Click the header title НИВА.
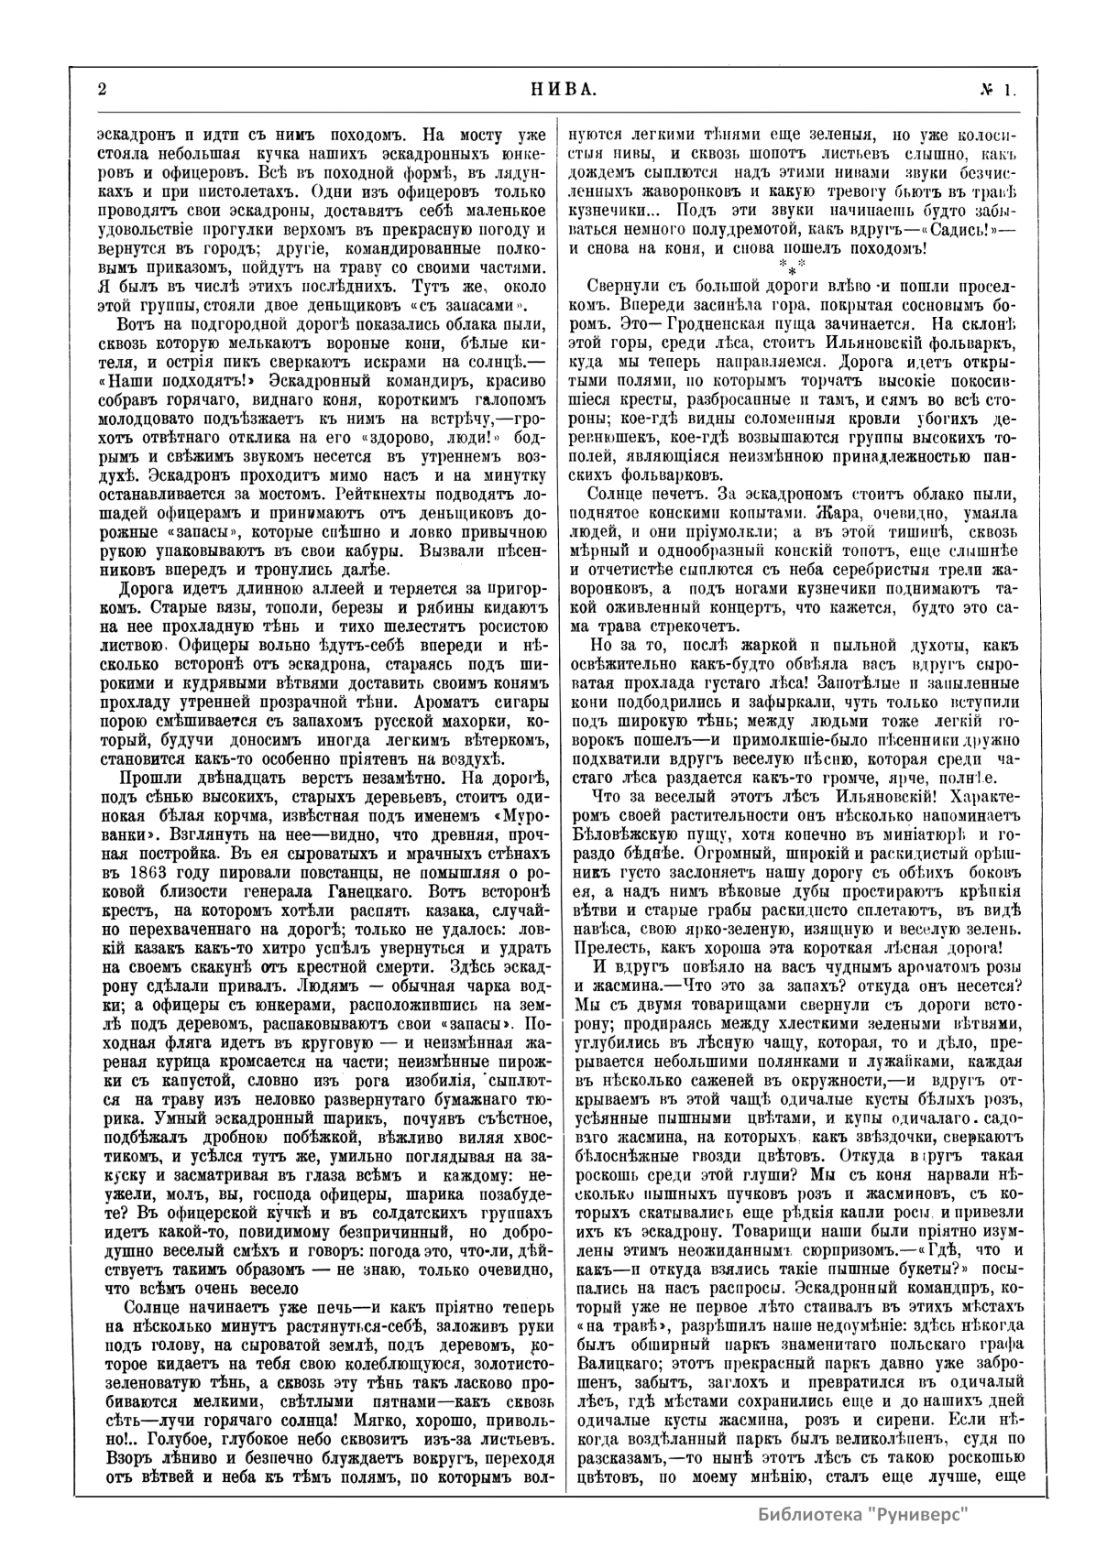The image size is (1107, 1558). [x=564, y=90]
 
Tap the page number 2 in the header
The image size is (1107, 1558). [x=102, y=90]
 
